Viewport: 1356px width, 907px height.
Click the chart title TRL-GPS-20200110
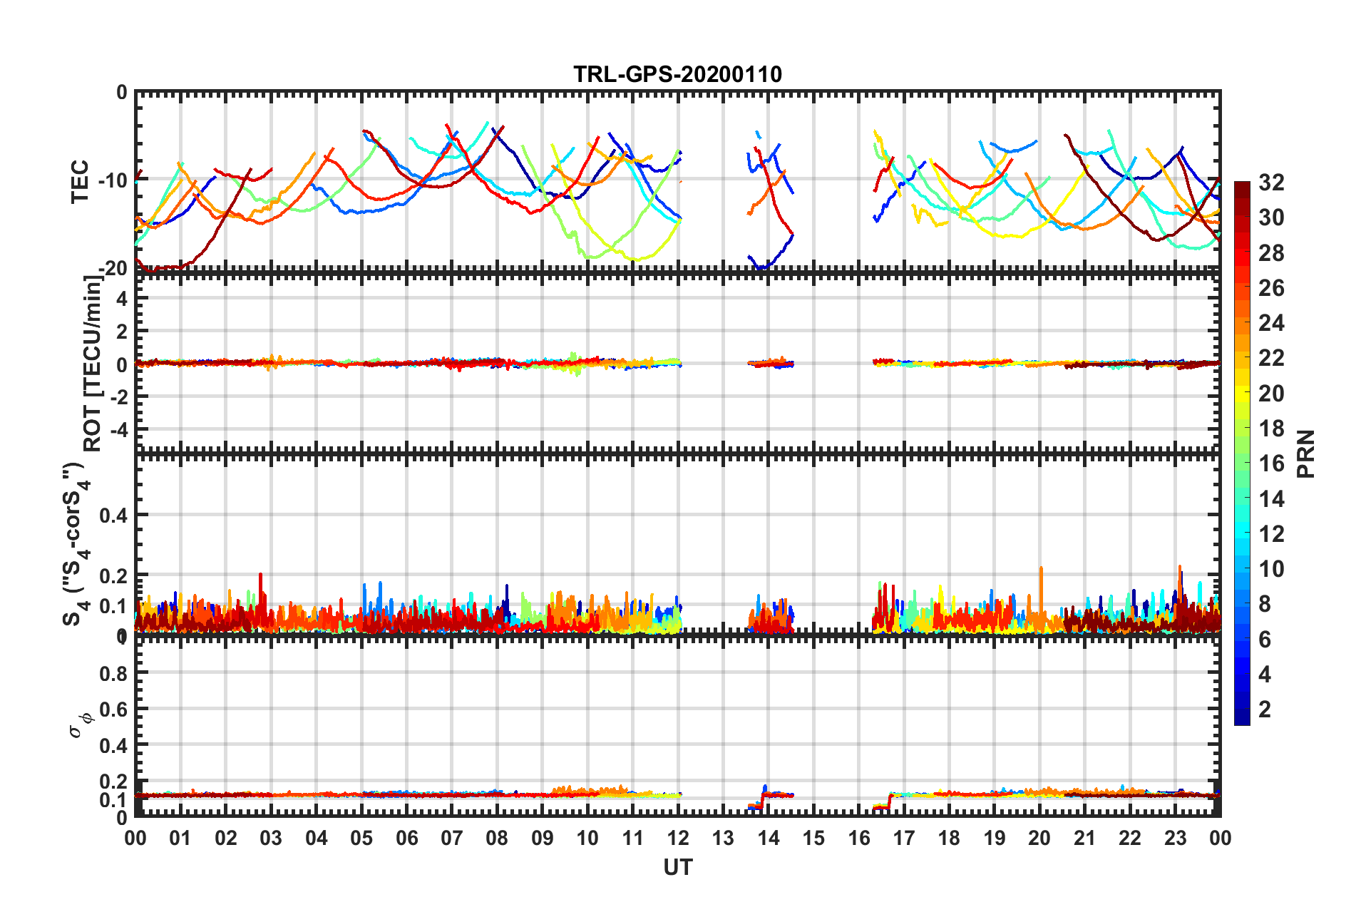point(677,74)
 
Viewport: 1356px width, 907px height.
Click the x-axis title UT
point(677,867)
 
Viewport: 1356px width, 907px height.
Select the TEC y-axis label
point(80,180)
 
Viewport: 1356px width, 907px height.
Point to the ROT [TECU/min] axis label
point(93,364)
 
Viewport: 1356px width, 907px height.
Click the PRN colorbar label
point(1306,453)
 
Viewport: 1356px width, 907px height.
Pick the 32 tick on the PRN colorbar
point(1271,183)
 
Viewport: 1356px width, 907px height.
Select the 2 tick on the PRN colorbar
point(1265,709)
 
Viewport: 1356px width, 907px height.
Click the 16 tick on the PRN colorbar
point(1271,463)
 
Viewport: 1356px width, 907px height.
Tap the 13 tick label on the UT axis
point(723,838)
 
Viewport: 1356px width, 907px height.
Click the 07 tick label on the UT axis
point(451,838)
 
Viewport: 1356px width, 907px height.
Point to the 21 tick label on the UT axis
point(1084,838)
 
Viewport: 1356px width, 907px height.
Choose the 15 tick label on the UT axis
point(813,838)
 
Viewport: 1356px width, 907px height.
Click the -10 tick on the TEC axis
point(113,180)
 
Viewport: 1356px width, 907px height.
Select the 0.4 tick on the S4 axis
point(114,515)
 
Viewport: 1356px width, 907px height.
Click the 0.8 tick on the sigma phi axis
point(114,673)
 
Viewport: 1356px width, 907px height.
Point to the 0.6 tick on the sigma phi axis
point(114,709)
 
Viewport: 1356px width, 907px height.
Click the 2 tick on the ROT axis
point(121,332)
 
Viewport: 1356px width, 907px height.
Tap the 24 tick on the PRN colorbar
point(1271,323)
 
